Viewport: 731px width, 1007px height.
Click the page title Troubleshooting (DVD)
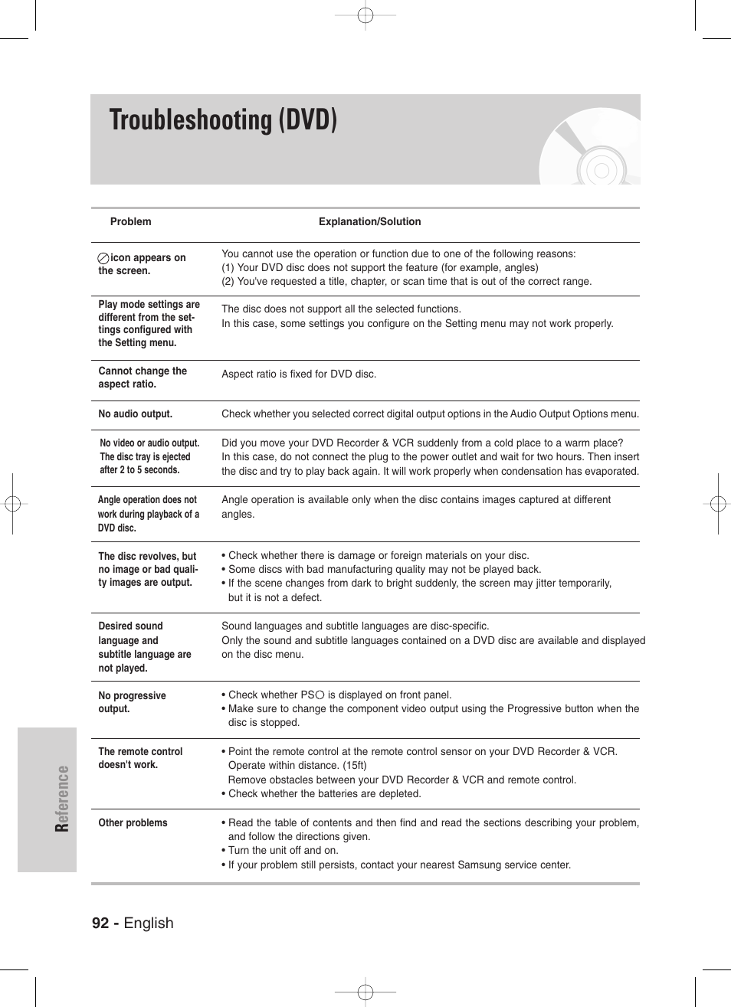click(223, 121)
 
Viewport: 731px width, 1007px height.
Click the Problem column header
click(130, 222)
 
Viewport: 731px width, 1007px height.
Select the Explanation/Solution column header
click(369, 222)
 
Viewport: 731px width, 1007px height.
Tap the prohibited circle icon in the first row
click(103, 259)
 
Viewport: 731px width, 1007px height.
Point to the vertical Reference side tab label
click(62, 799)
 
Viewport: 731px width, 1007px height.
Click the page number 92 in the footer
click(100, 923)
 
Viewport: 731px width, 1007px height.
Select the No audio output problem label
click(135, 414)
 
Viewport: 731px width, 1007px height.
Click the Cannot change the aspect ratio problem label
click(142, 378)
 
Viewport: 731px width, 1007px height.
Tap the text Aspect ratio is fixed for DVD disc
click(299, 374)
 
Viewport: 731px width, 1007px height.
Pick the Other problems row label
click(133, 823)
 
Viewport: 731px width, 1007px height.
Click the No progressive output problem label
click(132, 702)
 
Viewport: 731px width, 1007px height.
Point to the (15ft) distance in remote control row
click(353, 766)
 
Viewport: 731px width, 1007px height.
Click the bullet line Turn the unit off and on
click(283, 851)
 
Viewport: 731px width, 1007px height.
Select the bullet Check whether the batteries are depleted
click(324, 794)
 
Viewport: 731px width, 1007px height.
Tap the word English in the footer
click(149, 923)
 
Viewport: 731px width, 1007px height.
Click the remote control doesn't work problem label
click(140, 758)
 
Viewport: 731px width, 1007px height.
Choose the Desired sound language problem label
click(144, 647)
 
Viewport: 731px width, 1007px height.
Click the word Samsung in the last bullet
click(479, 865)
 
